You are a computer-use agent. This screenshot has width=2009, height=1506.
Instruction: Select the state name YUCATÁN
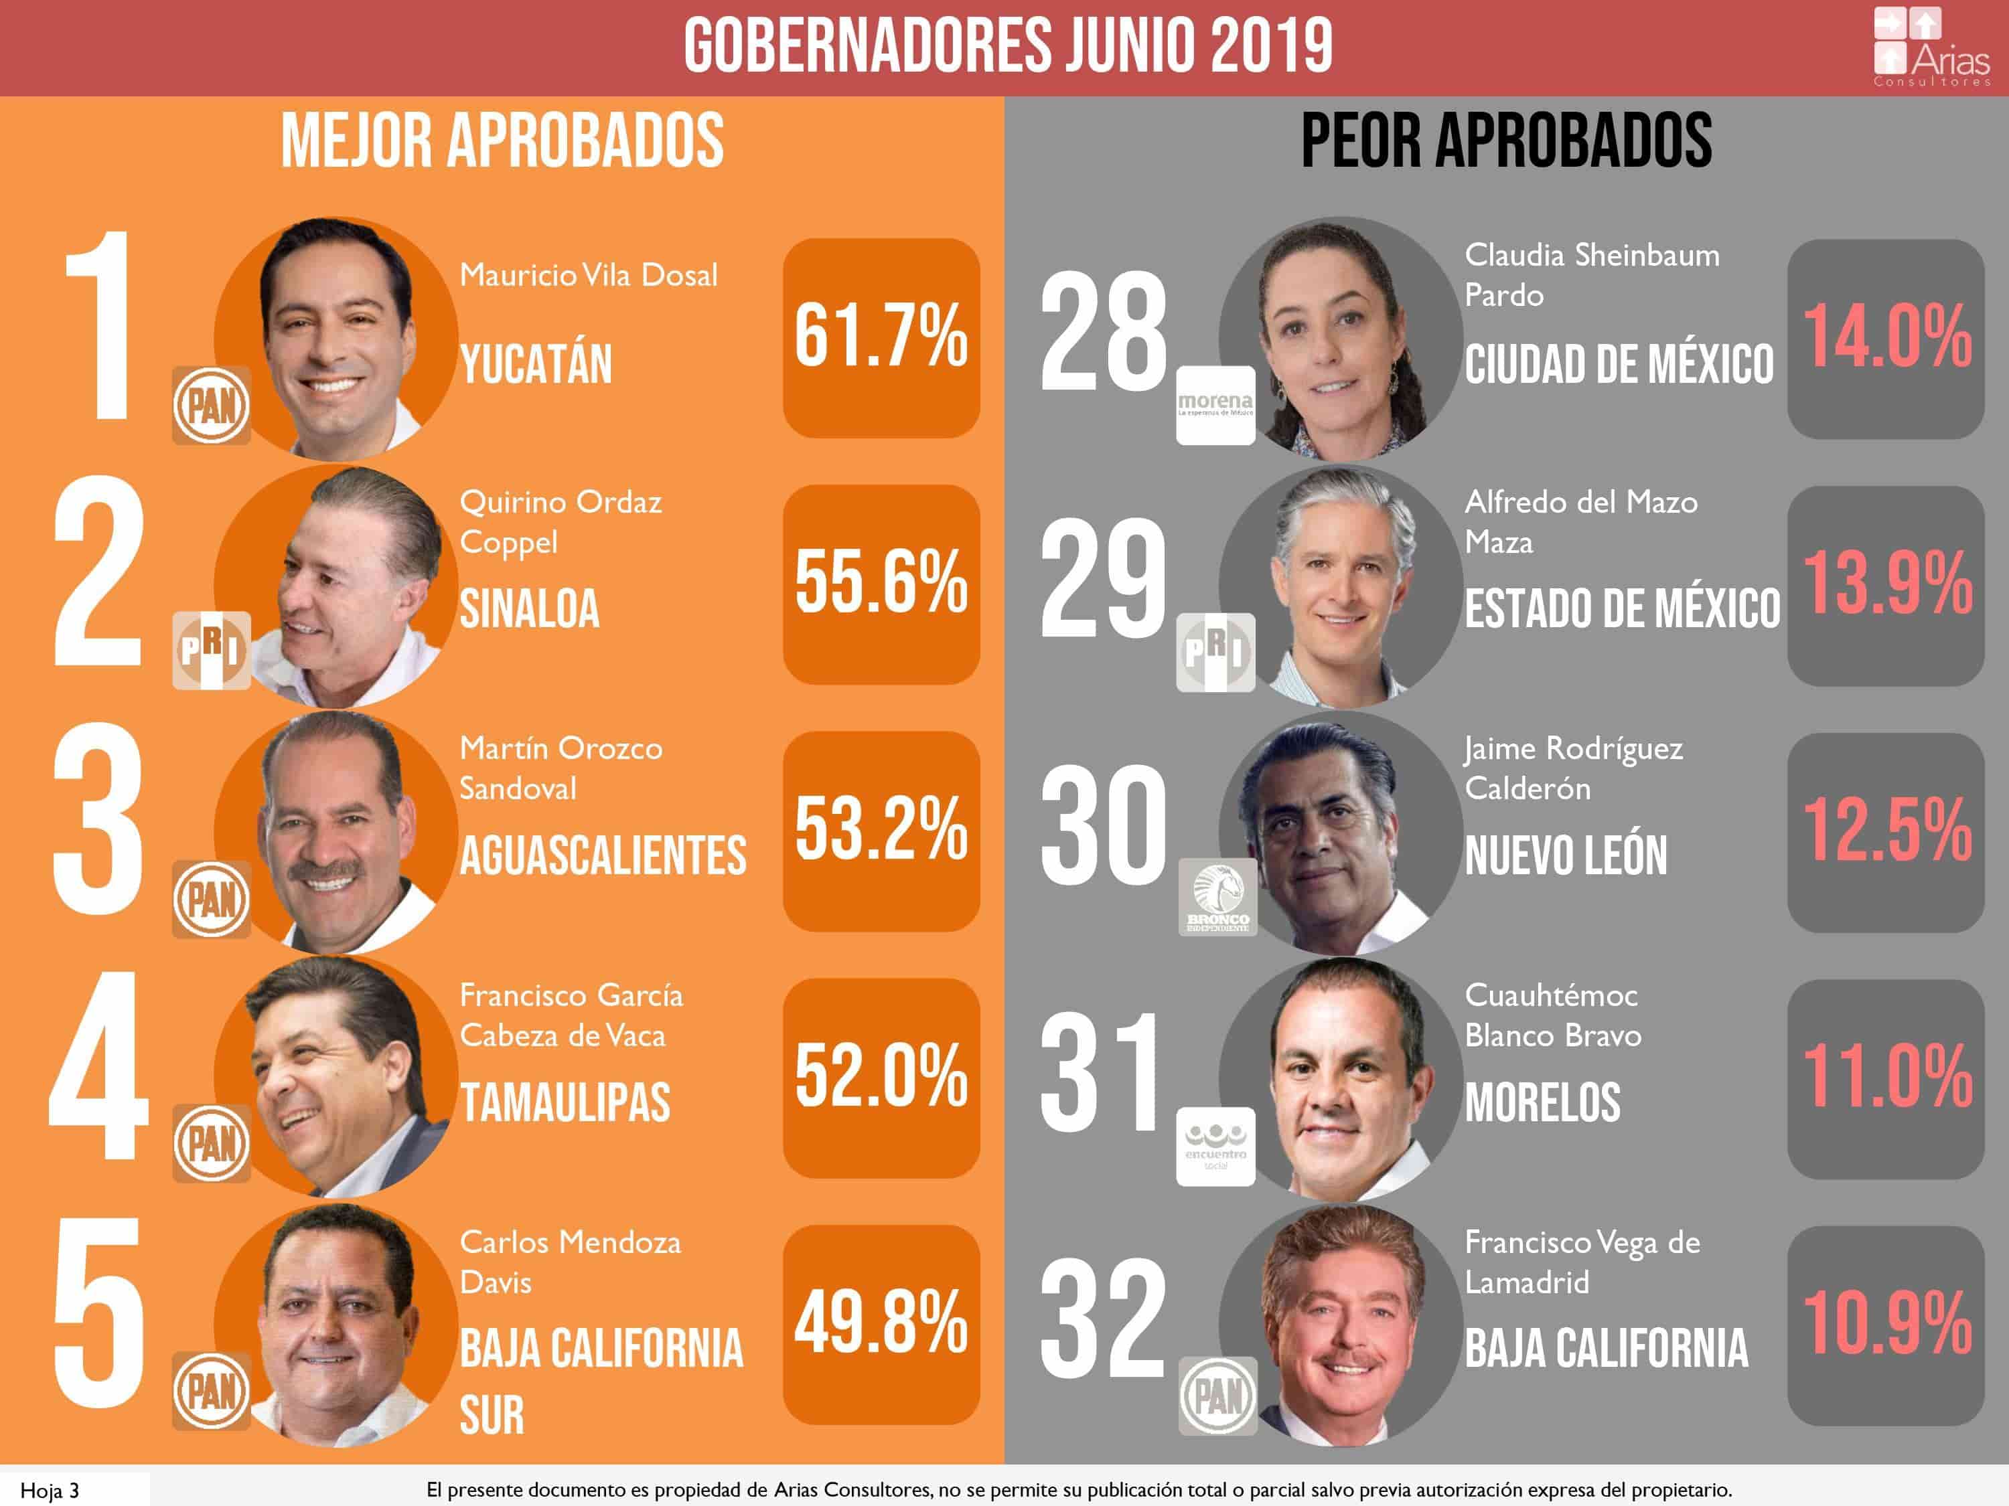click(536, 364)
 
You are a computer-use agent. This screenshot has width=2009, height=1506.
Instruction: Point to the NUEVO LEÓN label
click(1566, 856)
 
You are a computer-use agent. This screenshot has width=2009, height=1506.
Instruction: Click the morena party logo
click(1215, 405)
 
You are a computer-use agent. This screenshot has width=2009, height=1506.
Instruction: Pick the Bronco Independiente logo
click(1217, 898)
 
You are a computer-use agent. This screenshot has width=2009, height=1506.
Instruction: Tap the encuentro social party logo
click(1215, 1146)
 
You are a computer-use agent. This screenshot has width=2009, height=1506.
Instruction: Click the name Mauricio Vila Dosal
click(589, 275)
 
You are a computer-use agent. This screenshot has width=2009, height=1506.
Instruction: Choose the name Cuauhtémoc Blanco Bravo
click(1552, 1015)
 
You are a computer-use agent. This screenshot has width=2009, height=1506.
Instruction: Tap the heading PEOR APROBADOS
click(1506, 142)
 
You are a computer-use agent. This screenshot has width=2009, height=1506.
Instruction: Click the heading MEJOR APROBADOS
click(502, 142)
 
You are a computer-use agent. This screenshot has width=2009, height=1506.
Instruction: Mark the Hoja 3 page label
click(50, 1491)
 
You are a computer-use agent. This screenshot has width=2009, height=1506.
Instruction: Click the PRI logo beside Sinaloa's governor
click(211, 650)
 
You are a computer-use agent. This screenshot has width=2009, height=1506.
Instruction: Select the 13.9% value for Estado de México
click(1886, 584)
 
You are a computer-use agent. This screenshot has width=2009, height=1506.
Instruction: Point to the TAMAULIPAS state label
click(565, 1103)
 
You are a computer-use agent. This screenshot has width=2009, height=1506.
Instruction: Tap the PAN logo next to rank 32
click(1217, 1396)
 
